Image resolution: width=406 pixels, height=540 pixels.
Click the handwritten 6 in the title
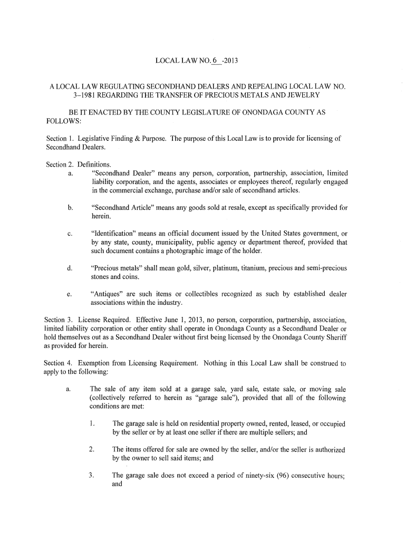214,62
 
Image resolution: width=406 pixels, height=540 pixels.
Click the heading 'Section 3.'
59,320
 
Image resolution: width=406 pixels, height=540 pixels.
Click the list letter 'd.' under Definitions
70,268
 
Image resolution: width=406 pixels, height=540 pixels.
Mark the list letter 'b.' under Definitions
70,207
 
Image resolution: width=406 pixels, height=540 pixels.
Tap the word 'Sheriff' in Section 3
335,337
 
